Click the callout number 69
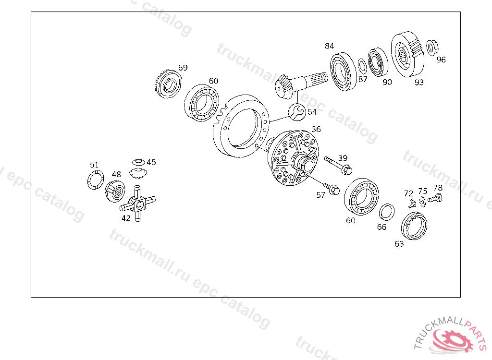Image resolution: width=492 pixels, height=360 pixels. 183,68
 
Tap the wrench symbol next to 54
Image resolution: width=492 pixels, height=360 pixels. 297,112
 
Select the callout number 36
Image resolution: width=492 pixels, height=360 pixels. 316,129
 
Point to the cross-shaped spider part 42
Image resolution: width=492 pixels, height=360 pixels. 137,204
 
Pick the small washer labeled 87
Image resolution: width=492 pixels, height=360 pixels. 362,66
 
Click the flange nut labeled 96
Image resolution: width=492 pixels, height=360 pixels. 432,48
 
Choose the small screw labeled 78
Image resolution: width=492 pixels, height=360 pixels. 435,198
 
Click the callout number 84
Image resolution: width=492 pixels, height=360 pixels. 329,46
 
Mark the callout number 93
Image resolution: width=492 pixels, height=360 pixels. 419,82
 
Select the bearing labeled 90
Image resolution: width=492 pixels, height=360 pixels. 378,62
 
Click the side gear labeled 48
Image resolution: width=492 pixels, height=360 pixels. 114,192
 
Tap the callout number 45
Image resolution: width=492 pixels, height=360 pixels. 151,162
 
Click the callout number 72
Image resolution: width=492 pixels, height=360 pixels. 408,193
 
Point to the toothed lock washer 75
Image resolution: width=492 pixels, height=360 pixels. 422,202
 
